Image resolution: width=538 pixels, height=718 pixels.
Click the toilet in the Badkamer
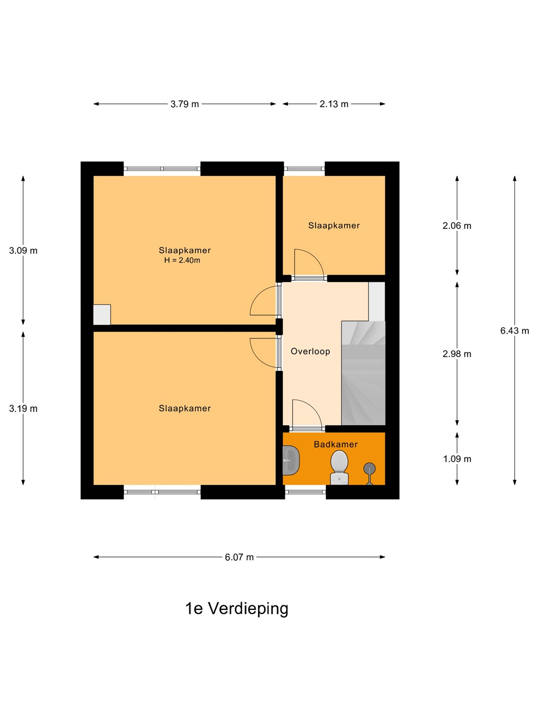(x=339, y=467)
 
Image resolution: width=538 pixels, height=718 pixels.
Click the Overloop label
(x=310, y=352)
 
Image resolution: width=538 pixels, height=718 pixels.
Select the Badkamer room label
(x=335, y=444)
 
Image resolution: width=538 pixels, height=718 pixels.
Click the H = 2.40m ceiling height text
(x=182, y=260)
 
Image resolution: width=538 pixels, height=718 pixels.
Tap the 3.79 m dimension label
(x=184, y=104)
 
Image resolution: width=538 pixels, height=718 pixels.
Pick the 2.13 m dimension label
(x=334, y=104)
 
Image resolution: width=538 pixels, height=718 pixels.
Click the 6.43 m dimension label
(x=515, y=331)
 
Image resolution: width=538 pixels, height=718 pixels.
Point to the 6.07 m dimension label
(x=239, y=557)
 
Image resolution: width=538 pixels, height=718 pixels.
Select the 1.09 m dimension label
(x=457, y=459)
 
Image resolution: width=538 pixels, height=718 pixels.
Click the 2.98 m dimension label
(x=457, y=354)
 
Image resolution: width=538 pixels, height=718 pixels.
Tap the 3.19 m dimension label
(x=23, y=408)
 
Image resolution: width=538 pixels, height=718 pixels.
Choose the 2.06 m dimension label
(x=457, y=226)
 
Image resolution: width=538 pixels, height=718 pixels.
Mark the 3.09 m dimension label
(x=23, y=251)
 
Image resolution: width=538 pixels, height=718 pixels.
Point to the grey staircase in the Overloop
(x=363, y=373)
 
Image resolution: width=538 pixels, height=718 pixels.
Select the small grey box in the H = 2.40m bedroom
(x=102, y=315)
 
